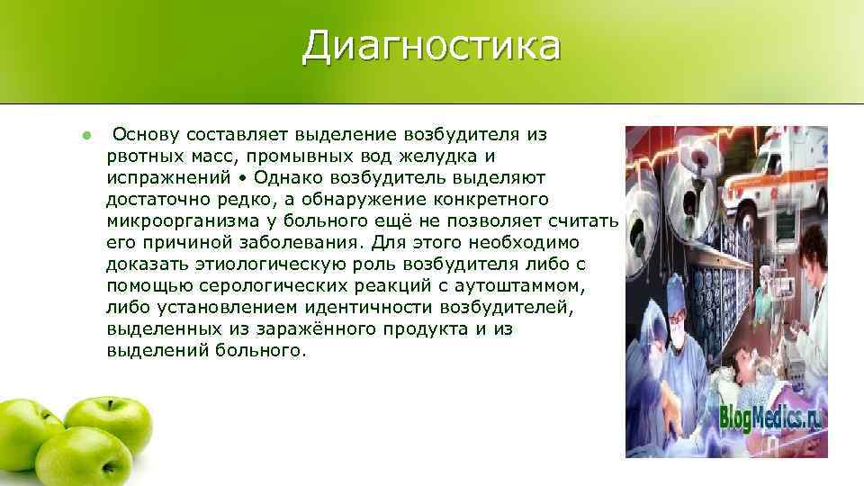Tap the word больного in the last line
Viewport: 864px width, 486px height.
point(260,351)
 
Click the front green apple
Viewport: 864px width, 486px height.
point(83,457)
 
